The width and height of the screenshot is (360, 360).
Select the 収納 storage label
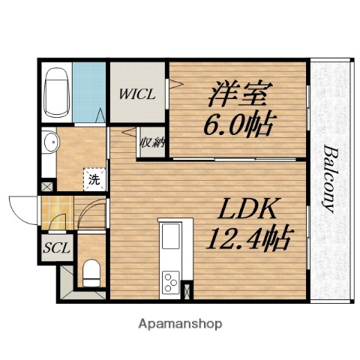pyautogui.click(x=148, y=142)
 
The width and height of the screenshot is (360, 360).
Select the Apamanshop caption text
pyautogui.click(x=179, y=324)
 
